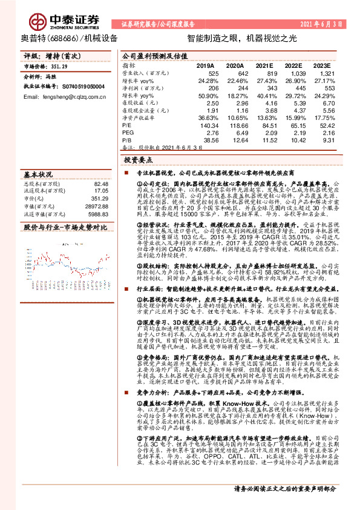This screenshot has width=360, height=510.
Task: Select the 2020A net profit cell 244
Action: (240, 88)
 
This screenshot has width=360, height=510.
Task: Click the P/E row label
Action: (127, 125)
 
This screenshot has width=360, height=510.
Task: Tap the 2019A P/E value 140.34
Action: (208, 125)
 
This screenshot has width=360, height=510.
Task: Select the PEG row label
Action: (129, 132)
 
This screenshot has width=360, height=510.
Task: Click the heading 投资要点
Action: (137, 161)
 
